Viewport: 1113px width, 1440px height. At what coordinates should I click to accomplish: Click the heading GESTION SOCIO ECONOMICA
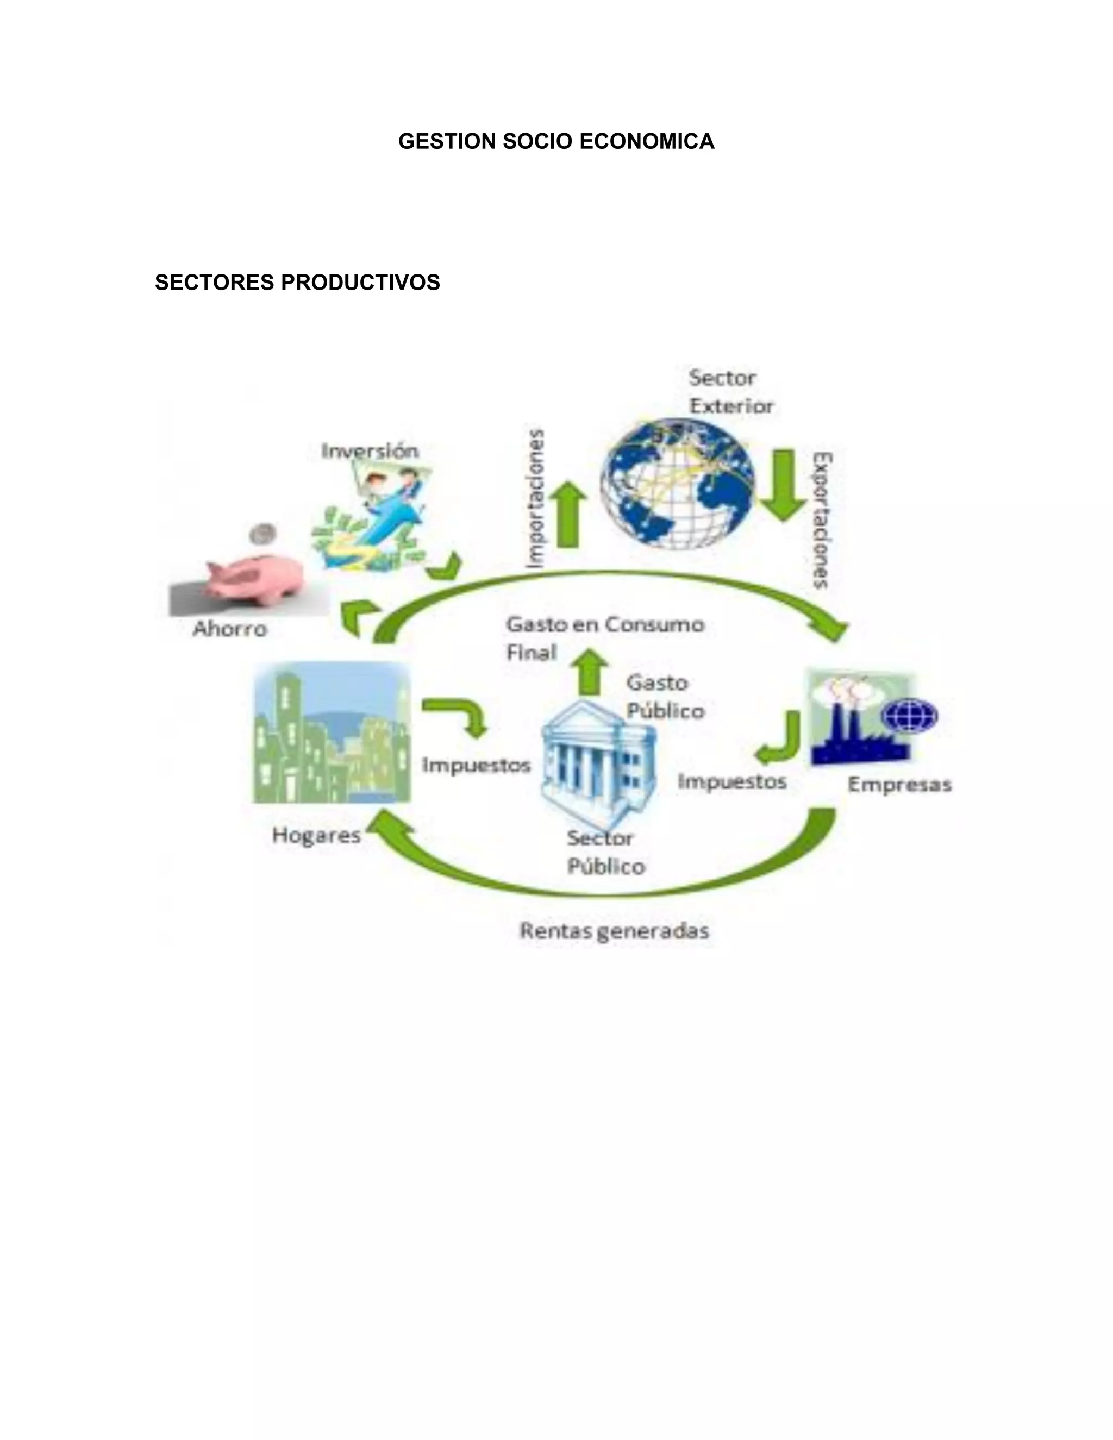click(x=556, y=142)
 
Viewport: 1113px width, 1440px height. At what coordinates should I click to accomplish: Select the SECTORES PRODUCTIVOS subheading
click(x=297, y=282)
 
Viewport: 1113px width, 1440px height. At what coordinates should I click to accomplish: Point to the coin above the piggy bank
click(x=262, y=533)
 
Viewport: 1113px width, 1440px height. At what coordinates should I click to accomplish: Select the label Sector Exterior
click(x=730, y=392)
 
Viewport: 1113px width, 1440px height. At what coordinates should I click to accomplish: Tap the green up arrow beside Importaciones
click(x=568, y=514)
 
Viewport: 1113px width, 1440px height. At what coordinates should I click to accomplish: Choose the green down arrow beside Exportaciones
click(x=783, y=485)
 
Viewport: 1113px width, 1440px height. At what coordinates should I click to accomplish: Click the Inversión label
click(x=370, y=451)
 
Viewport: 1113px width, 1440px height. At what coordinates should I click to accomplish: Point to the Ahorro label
click(x=230, y=629)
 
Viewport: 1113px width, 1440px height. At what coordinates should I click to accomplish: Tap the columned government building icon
click(x=597, y=758)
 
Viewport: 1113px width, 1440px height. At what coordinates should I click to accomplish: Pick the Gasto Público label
click(x=665, y=696)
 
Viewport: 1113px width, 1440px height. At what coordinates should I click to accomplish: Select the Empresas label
click(x=899, y=785)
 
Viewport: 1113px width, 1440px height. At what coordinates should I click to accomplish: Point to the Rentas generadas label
click(x=615, y=931)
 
